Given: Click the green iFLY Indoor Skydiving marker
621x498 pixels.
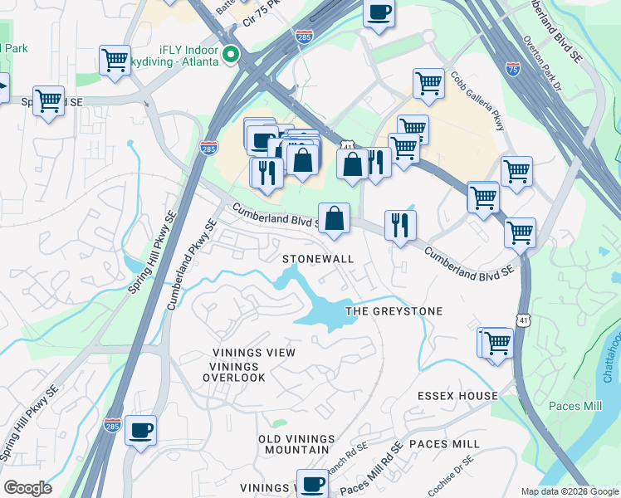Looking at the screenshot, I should pos(232,57).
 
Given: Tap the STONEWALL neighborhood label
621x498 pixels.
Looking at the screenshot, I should pos(318,259).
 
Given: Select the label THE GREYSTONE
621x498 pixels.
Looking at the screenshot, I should pos(394,311).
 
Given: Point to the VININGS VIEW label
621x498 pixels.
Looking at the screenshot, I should pos(252,353).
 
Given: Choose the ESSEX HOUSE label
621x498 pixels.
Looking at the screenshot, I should pos(457,396).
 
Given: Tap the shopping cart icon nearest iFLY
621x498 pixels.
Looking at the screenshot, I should pos(114,60).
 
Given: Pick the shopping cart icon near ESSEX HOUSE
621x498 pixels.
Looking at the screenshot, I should pos(498,342).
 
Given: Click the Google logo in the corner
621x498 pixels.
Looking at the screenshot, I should pos(27,488).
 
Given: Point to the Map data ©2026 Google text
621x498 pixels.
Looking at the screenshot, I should pos(570,491).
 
